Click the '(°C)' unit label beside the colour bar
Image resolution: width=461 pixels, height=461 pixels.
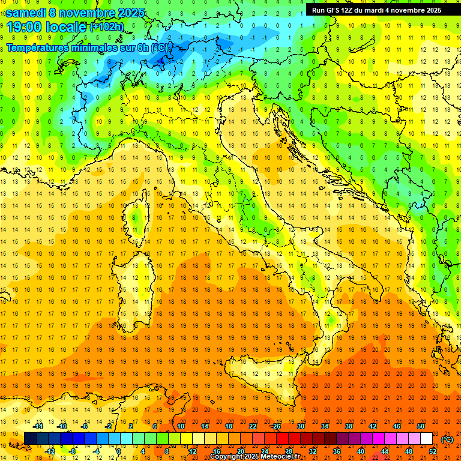[447, 439]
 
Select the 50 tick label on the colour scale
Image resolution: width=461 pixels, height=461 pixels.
[420, 426]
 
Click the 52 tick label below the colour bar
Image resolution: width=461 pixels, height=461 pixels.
[432, 451]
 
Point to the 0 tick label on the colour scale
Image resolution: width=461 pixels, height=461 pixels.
[119, 451]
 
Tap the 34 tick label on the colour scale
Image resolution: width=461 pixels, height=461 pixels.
[325, 426]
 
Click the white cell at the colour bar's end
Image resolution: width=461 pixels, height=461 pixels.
[426, 439]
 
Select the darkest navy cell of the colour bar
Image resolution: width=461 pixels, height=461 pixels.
[30, 439]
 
